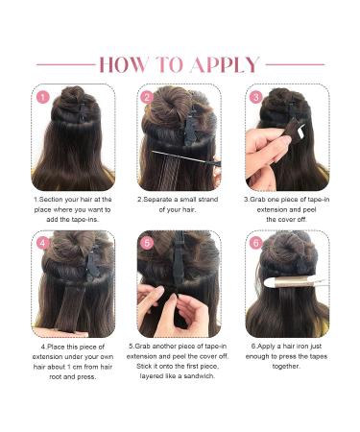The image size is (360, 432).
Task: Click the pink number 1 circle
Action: click(x=42, y=97)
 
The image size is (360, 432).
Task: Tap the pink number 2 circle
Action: click(x=147, y=97)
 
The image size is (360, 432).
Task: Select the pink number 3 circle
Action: click(x=256, y=97)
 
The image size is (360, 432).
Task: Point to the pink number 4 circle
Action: click(x=42, y=244)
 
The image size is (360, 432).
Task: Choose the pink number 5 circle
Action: click(x=147, y=244)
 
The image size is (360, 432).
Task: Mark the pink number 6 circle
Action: click(x=256, y=244)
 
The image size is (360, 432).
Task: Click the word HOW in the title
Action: click(x=127, y=65)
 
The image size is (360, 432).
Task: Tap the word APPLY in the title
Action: click(x=225, y=65)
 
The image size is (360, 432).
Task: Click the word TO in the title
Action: click(x=172, y=65)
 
